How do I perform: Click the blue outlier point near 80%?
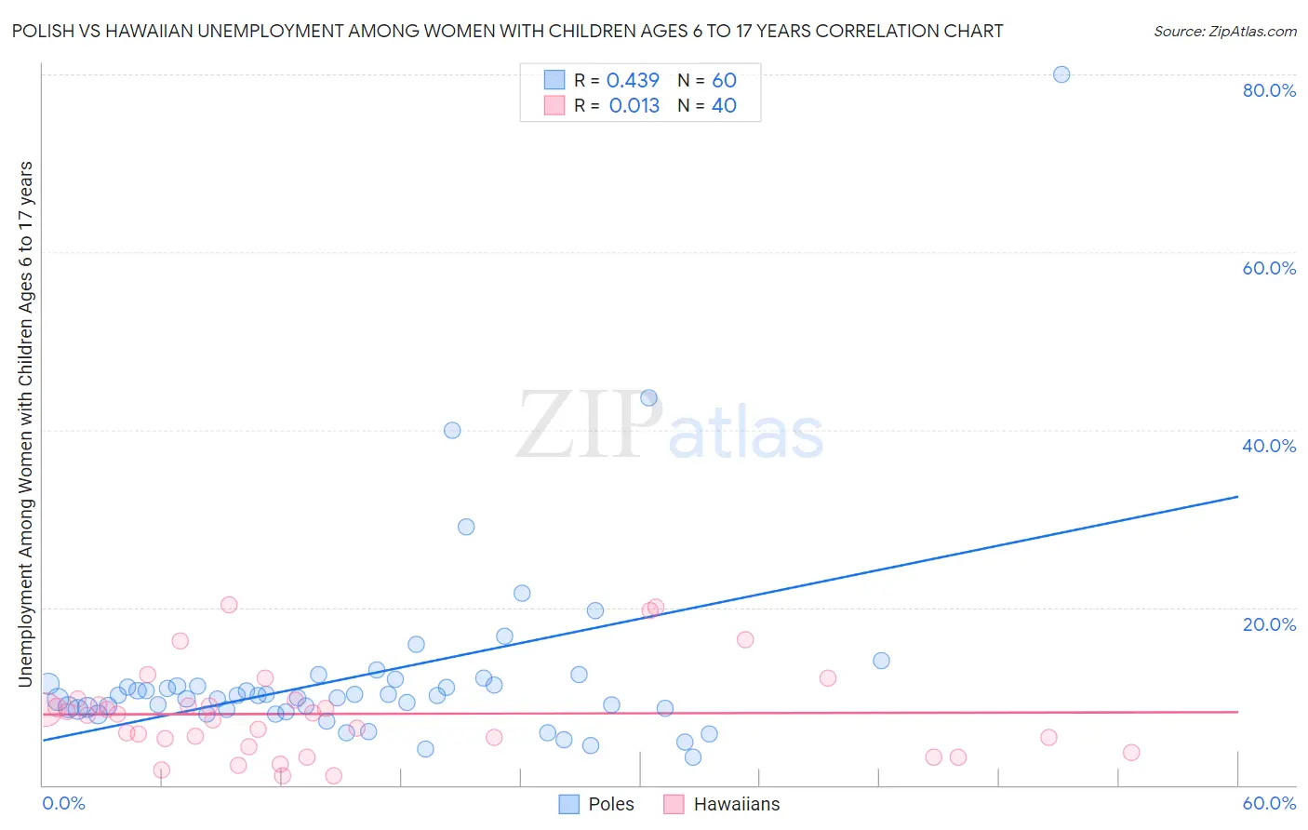point(1061,74)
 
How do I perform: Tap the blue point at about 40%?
point(452,430)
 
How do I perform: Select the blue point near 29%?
point(466,527)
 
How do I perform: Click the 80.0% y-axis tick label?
point(1269,90)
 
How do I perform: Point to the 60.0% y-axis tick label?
point(1269,268)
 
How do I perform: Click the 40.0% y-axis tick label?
point(1269,446)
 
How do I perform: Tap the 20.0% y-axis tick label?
point(1269,624)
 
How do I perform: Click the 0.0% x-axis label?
point(63,803)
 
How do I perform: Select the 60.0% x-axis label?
point(1269,803)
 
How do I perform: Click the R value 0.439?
point(633,81)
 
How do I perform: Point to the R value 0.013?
point(634,106)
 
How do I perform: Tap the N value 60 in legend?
point(724,81)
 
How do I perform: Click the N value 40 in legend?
point(724,106)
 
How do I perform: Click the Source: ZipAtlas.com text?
point(1224,32)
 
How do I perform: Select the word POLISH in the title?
point(44,32)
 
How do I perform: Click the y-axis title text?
point(25,423)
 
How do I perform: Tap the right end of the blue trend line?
point(1236,497)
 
